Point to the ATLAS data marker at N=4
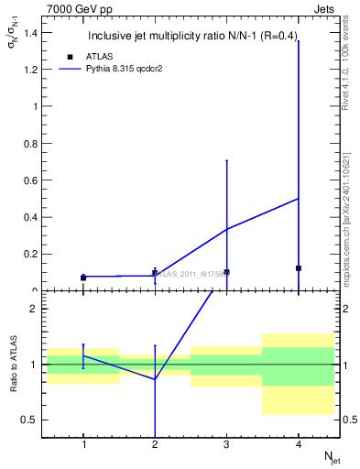pos(299,268)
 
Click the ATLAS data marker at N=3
pos(226,272)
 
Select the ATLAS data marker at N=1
pos(83,278)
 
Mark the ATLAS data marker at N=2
pos(155,274)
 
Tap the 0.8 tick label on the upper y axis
pos(30,143)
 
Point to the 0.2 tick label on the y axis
pos(30,255)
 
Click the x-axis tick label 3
pos(226,445)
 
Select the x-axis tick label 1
pos(83,445)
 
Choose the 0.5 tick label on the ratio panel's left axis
pos(30,420)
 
